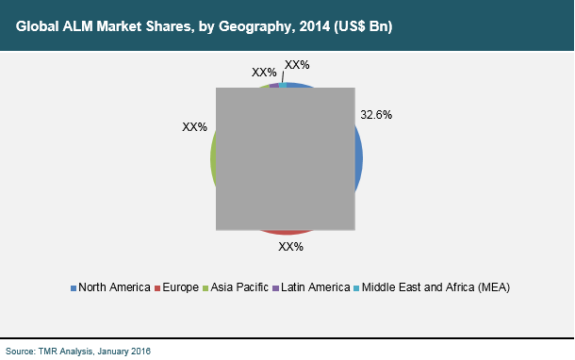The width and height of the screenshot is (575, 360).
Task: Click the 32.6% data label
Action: [x=376, y=114]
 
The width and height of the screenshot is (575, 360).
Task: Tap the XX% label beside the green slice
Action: [x=195, y=125]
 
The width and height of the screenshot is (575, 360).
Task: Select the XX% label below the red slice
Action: [x=290, y=247]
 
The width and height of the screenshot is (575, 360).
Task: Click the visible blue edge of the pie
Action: [x=359, y=160]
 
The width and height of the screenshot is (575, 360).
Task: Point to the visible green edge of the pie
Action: [x=213, y=160]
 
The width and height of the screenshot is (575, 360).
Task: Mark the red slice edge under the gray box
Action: [x=286, y=232]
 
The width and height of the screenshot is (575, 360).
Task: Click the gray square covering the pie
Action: [x=286, y=158]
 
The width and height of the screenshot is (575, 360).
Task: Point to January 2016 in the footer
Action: [x=124, y=351]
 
